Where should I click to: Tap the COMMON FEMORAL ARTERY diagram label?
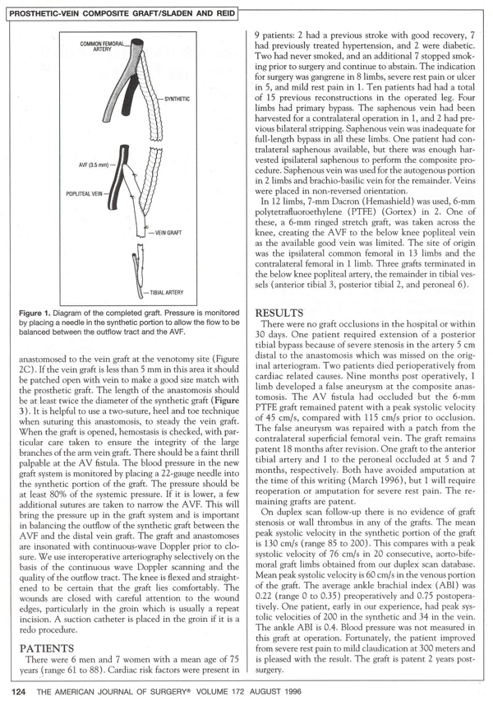[x=105, y=46]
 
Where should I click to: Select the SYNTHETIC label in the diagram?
[x=177, y=99]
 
